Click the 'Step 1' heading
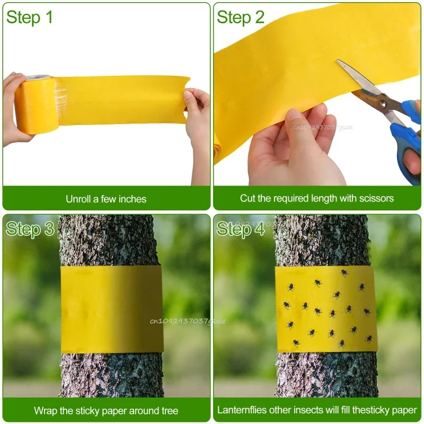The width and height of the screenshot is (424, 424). [29, 17]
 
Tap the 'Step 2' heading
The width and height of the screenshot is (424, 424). [241, 17]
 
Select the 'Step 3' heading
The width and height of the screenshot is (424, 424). [30, 229]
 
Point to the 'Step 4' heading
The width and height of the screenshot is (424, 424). [241, 229]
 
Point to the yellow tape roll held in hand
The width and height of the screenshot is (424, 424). [36, 104]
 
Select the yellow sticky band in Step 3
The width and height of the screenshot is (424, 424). [112, 309]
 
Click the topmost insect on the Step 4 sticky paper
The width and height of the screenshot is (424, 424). [344, 272]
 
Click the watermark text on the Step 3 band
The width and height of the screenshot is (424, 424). [188, 321]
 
